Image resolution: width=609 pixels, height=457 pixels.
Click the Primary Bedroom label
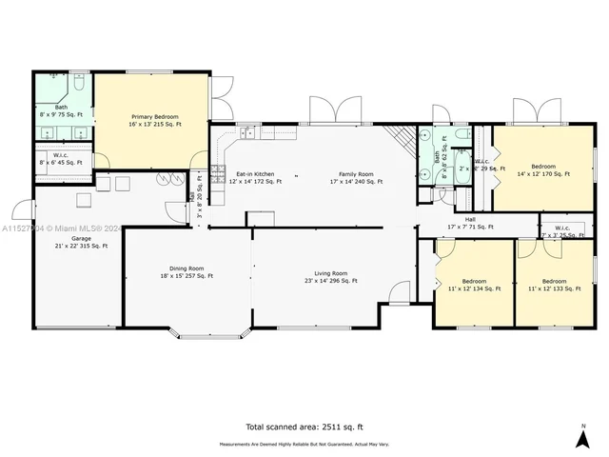[x=155, y=120]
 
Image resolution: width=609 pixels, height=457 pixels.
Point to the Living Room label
[x=331, y=276]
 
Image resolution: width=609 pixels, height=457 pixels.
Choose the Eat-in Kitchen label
[x=251, y=177]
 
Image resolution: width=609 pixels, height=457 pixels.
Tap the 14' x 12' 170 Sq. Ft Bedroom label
[x=543, y=169]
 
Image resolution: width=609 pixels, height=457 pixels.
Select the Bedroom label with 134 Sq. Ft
[x=474, y=285]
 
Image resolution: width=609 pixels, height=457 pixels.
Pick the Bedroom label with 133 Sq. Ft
[x=554, y=285]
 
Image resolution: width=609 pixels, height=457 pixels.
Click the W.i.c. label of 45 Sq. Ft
[x=61, y=159]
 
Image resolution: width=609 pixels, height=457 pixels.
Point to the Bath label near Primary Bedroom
[x=61, y=110]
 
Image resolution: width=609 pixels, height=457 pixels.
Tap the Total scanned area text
[x=304, y=427]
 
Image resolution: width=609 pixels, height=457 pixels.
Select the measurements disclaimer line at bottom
[x=304, y=444]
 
